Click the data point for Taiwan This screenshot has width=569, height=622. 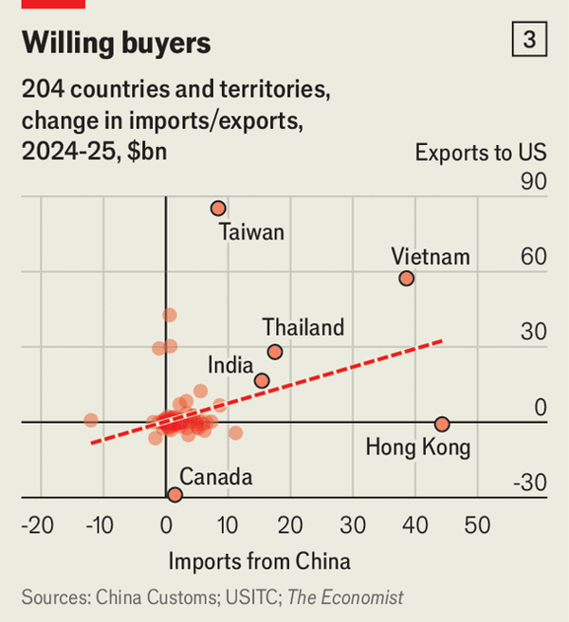click(218, 208)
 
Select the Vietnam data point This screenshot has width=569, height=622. click(407, 278)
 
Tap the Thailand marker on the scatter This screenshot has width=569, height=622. click(275, 352)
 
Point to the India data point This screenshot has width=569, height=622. click(262, 381)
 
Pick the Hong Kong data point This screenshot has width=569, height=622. click(442, 424)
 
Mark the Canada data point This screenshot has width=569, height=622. click(174, 494)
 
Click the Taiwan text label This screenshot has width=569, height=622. click(251, 232)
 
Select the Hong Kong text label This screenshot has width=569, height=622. click(418, 447)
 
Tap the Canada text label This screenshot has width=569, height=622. click(216, 476)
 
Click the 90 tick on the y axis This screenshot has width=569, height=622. click(534, 181)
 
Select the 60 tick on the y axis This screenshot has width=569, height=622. click(534, 257)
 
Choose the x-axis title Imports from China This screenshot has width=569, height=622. click(259, 561)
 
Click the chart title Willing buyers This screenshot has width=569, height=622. click(116, 43)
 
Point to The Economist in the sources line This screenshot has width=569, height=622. click(345, 597)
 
